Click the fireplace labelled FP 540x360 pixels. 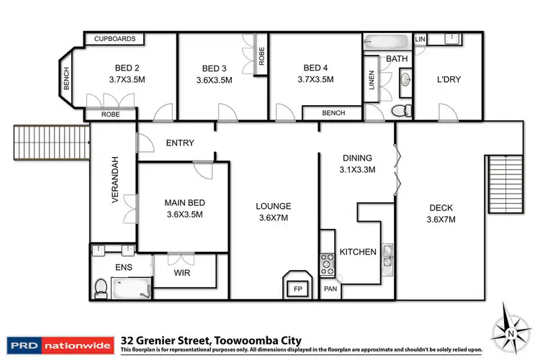(297, 285)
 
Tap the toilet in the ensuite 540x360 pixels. (101, 288)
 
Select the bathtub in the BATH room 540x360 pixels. (386, 42)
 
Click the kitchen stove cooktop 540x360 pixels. (327, 264)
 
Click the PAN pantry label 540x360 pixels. (330, 289)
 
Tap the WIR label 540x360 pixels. (182, 273)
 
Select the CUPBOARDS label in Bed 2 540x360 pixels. (114, 39)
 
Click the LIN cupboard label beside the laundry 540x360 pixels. (420, 40)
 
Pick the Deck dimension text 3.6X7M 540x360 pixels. (441, 220)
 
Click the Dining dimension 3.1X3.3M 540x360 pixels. (357, 169)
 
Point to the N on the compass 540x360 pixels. (511, 333)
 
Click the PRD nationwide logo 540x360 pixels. (60, 345)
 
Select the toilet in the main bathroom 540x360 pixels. (401, 111)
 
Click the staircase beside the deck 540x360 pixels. (505, 184)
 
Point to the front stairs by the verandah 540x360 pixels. (52, 143)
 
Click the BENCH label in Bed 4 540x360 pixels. (333, 113)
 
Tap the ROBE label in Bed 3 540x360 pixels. (261, 56)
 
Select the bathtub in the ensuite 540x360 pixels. (131, 288)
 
